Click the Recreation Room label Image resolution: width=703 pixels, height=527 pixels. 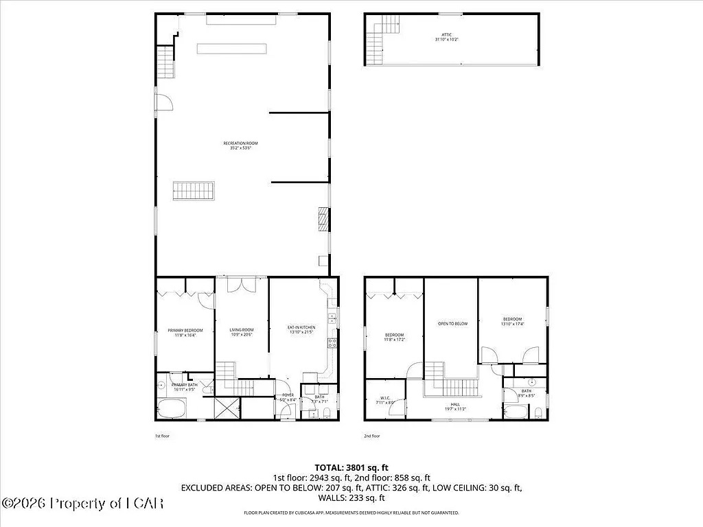[x=240, y=145]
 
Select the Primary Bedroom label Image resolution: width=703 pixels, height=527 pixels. [x=185, y=333]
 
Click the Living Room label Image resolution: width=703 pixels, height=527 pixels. [x=242, y=332]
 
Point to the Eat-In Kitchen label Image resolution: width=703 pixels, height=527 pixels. [x=301, y=330]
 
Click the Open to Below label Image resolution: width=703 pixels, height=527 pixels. [x=452, y=323]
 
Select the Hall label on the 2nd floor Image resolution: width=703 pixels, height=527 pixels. [x=454, y=407]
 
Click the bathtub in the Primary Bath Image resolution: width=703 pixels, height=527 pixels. [x=170, y=410]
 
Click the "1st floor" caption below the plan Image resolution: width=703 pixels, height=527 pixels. [x=162, y=436]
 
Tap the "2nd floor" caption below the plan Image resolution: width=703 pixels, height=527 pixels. [x=371, y=436]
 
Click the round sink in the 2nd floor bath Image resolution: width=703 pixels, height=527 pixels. [x=532, y=382]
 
